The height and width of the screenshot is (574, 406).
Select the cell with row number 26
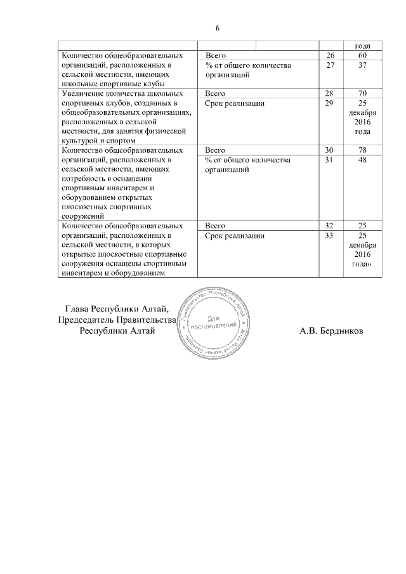[x=329, y=55]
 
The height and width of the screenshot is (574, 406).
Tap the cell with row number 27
[x=329, y=65]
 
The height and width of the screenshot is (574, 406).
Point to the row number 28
[x=329, y=93]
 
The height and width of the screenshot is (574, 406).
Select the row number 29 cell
[x=329, y=103]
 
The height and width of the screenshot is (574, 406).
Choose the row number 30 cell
[x=329, y=150]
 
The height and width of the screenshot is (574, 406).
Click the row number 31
[x=329, y=160]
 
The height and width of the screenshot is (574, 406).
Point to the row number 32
[x=329, y=226]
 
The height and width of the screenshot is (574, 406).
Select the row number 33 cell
[x=329, y=235]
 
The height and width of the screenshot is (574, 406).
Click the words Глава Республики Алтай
[x=117, y=309]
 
